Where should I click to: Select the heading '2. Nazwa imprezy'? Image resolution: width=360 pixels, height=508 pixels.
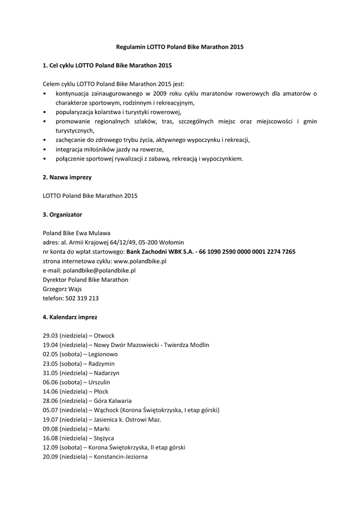pos(67,177)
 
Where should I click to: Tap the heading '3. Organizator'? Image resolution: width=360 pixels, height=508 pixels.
pos(62,214)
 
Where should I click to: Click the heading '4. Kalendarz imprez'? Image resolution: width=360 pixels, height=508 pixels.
pos(70,317)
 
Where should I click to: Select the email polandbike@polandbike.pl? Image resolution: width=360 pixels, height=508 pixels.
pos(99,270)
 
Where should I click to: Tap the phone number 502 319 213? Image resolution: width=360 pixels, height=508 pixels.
pos(85,298)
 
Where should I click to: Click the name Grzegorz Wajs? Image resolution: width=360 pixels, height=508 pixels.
pos(62,289)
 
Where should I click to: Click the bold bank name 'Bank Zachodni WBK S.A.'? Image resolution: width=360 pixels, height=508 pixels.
pos(160,252)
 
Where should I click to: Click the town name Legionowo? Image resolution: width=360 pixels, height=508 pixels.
pos(103,355)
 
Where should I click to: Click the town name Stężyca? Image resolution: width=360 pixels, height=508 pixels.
pos(104,438)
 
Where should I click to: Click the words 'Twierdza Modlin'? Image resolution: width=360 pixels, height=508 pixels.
pos(188,345)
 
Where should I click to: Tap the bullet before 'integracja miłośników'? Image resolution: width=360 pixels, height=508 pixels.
pos(45,149)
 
